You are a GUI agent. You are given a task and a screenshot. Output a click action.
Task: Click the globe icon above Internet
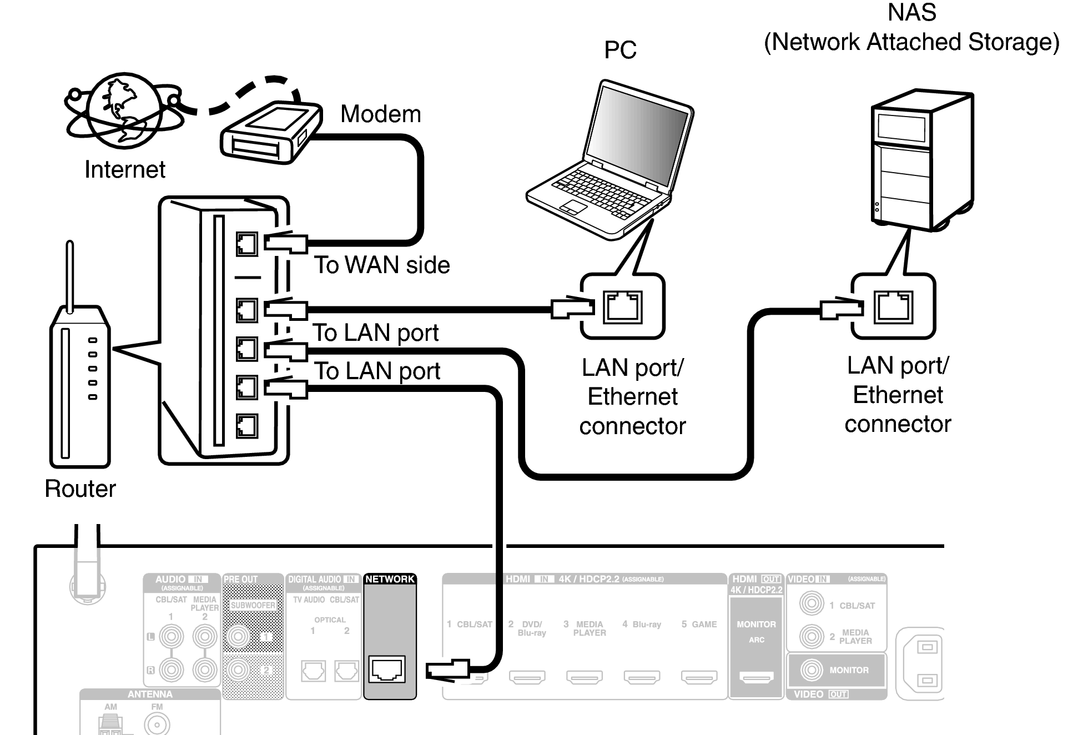[123, 111]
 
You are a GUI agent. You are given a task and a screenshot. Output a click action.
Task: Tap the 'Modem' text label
[380, 114]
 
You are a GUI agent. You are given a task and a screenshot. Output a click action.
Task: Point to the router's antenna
[70, 275]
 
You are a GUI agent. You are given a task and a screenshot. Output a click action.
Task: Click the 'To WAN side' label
[382, 265]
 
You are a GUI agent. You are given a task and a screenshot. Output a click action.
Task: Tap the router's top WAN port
[246, 244]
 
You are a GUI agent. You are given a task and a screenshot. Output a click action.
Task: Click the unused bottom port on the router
[246, 426]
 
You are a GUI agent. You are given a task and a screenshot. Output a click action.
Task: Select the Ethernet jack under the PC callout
[623, 307]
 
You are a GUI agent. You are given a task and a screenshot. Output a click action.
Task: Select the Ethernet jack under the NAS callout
[893, 307]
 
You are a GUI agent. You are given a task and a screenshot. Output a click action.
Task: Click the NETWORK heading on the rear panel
[390, 579]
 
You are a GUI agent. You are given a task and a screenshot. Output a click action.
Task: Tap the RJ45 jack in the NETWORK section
[387, 669]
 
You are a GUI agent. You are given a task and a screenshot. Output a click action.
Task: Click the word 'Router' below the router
[80, 489]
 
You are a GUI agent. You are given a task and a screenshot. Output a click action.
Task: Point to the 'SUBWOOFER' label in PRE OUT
[253, 605]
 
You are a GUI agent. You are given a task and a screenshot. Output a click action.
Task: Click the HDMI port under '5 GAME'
[699, 677]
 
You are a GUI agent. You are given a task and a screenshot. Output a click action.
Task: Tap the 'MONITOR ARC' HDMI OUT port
[756, 677]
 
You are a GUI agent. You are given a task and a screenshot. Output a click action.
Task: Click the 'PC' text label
[620, 50]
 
